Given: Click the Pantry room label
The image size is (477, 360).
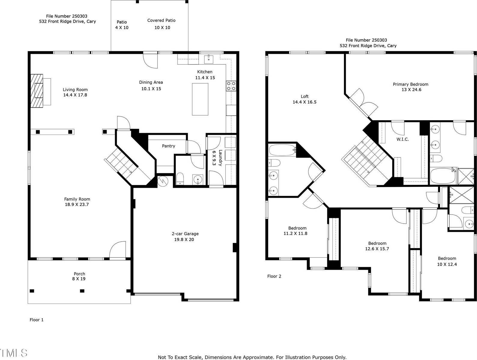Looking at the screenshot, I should pyautogui.click(x=169, y=146).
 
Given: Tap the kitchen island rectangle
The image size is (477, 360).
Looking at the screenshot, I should pyautogui.click(x=200, y=99).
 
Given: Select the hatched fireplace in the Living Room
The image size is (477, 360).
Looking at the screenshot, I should pyautogui.click(x=37, y=90).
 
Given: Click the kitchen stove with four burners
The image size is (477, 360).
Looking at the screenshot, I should pyautogui.click(x=231, y=86).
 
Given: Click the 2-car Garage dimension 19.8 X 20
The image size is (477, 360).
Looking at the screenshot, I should pyautogui.click(x=184, y=239).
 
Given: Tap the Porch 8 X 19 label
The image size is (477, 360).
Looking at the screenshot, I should pyautogui.click(x=80, y=276).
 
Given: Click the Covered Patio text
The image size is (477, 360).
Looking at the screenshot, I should pyautogui.click(x=161, y=20).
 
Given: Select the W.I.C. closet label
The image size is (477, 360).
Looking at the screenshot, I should pyautogui.click(x=403, y=139).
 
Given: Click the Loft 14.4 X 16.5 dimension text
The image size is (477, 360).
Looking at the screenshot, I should pyautogui.click(x=305, y=102).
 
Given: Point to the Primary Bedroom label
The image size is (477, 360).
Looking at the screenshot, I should pyautogui.click(x=411, y=84).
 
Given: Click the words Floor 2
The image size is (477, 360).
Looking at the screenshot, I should pyautogui.click(x=274, y=276).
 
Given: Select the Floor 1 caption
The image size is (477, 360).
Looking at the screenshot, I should pyautogui.click(x=37, y=320).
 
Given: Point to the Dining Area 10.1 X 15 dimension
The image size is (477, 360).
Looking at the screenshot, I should pyautogui.click(x=151, y=89).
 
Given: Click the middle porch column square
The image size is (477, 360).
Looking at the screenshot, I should pyautogui.click(x=82, y=291).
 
